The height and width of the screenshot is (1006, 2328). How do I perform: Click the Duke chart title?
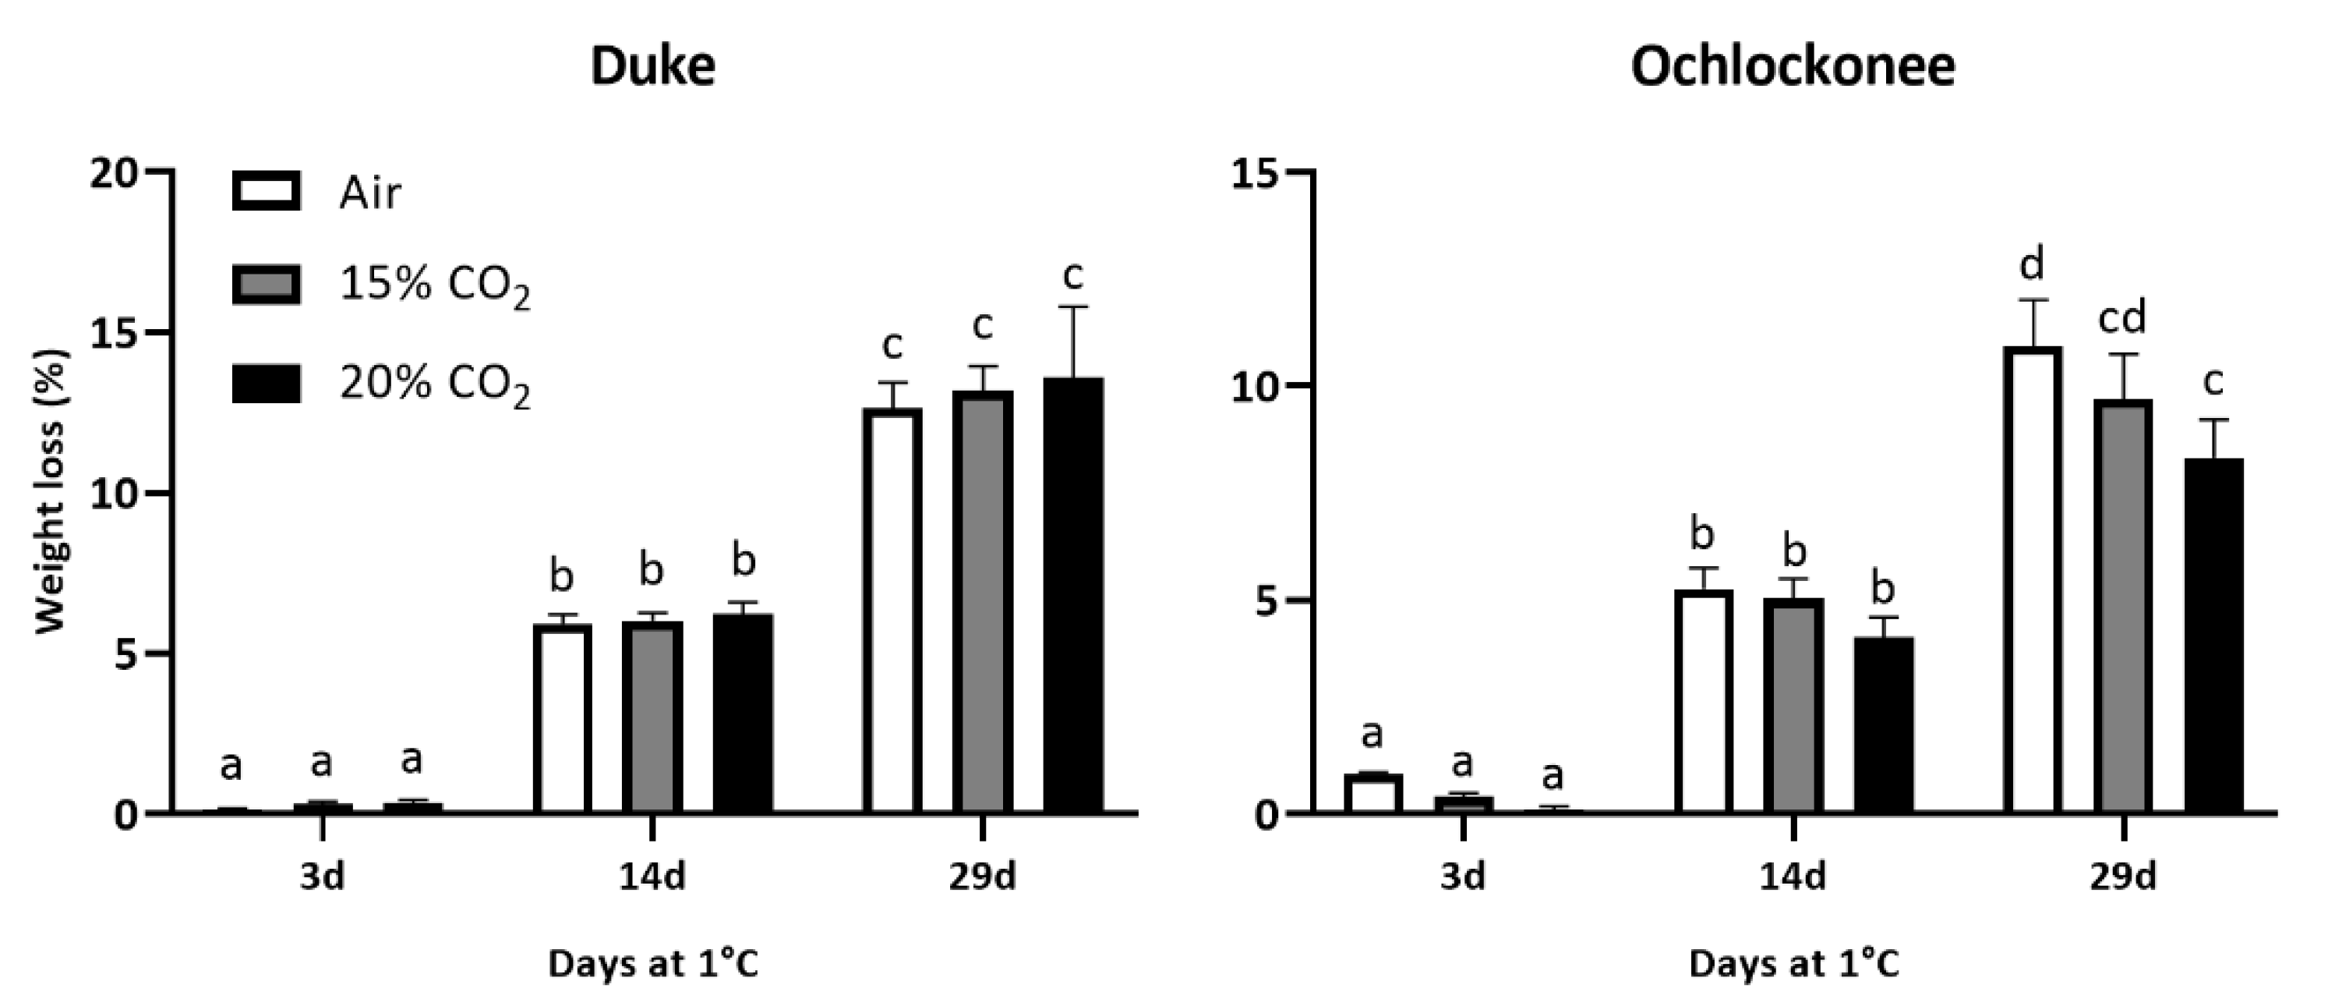[x=652, y=66]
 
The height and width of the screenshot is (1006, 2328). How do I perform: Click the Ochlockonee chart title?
[x=1793, y=66]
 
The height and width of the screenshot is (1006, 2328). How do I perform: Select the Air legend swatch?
[x=267, y=191]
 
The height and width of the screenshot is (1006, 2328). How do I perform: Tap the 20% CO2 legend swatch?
[x=267, y=383]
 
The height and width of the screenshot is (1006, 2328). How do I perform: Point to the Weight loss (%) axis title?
[x=51, y=493]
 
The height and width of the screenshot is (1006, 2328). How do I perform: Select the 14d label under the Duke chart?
[x=652, y=876]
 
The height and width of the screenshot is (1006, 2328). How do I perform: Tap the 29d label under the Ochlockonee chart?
[x=2123, y=876]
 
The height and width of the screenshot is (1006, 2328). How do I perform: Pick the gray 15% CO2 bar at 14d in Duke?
[x=652, y=717]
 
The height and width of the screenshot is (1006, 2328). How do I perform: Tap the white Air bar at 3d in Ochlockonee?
[x=1372, y=794]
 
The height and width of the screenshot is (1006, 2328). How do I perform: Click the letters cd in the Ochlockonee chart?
[x=2122, y=317]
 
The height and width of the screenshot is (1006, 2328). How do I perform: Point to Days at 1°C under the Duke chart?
[x=652, y=965]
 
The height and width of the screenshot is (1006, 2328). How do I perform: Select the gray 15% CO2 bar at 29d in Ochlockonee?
[x=2123, y=607]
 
